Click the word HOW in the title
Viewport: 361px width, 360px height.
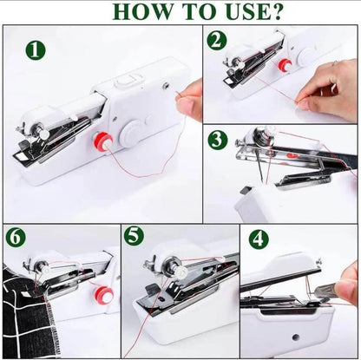tap(111, 12)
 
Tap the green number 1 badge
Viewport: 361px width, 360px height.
tap(34, 50)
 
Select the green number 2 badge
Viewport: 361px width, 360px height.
tap(217, 40)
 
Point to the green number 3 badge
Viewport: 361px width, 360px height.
tap(217, 141)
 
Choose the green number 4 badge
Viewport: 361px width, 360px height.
tap(259, 239)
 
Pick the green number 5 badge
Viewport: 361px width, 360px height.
tap(132, 236)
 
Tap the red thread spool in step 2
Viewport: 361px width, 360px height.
tap(283, 65)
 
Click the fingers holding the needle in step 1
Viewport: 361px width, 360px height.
tap(190, 100)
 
